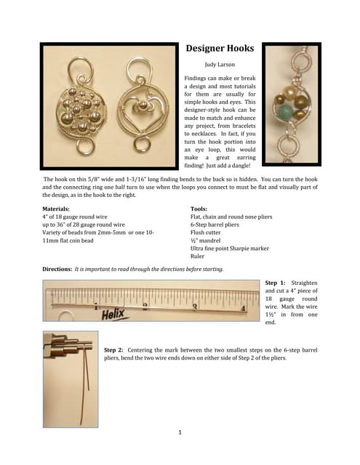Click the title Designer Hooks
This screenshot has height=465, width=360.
[219, 49]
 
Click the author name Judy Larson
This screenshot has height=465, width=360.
[220, 65]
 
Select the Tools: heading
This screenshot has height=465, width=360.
[201, 209]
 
